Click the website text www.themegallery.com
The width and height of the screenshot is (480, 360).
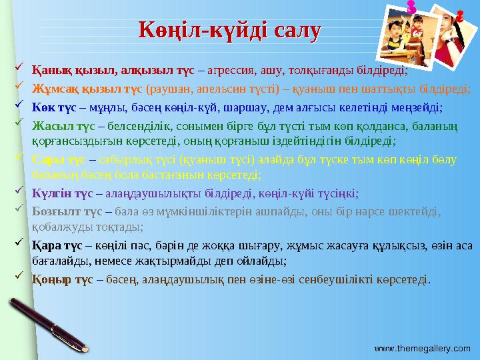click(x=422, y=348)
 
